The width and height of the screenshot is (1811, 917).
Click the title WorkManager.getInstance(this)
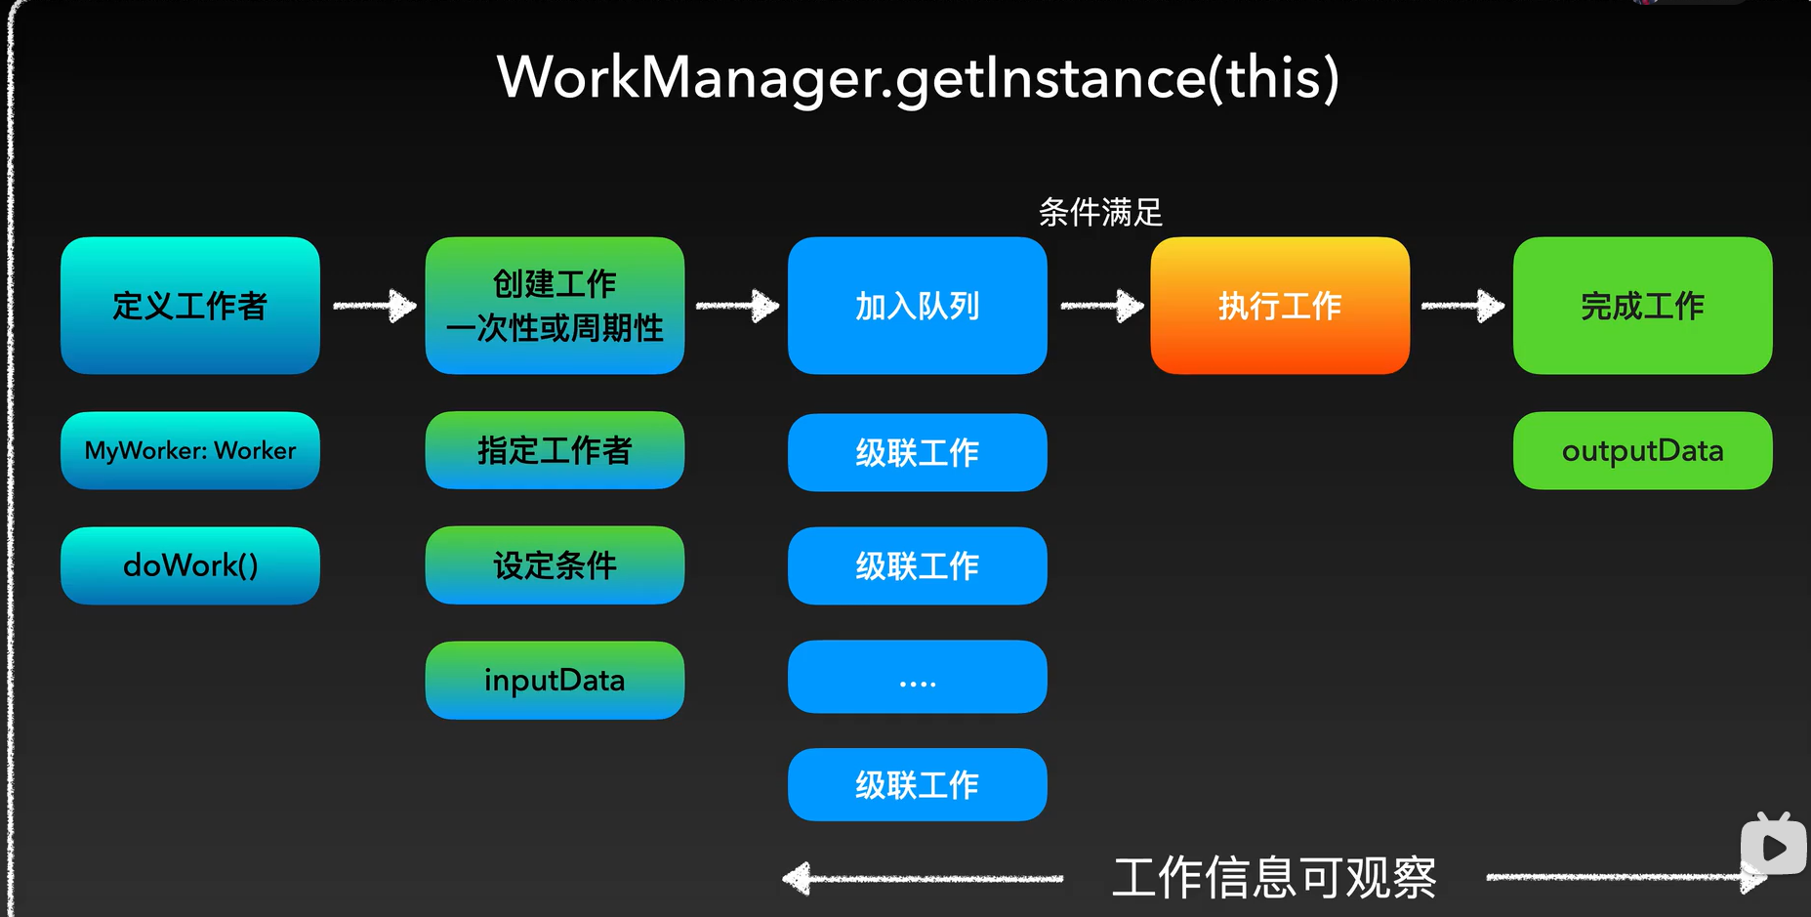(918, 78)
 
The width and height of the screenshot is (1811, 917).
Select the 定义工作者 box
(190, 306)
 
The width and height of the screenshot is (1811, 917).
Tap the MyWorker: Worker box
(190, 450)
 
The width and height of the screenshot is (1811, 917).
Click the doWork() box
(190, 565)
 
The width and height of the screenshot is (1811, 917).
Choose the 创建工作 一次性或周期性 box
(555, 306)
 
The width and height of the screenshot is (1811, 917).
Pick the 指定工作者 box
(555, 450)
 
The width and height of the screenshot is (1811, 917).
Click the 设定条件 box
(555, 565)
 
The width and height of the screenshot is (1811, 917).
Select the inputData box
(555, 680)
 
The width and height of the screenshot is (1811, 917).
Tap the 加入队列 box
(917, 306)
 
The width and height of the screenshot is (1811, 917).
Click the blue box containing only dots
(917, 677)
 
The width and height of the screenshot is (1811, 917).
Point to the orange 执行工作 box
(1280, 306)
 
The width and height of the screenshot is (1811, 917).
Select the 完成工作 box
(1642, 306)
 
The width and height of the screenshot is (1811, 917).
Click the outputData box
(1642, 450)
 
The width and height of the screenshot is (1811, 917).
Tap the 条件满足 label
(1100, 212)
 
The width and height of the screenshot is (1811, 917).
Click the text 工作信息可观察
(1274, 877)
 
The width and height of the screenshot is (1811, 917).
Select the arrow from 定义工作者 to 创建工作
(374, 306)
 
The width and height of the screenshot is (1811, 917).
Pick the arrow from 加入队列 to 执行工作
(1101, 306)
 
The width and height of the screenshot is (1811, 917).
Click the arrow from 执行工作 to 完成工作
(1461, 306)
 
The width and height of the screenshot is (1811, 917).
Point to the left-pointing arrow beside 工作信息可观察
(922, 878)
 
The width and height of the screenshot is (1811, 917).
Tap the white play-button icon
(1774, 847)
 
